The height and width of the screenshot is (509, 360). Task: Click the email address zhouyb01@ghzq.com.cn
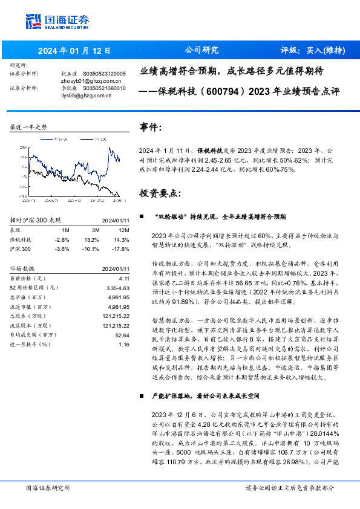pos(83,80)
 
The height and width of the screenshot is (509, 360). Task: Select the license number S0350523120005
pos(104,73)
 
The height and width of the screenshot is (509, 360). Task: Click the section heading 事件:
pos(151,127)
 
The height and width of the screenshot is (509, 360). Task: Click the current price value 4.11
pos(125,277)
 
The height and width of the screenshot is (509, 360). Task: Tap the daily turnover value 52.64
pos(122,334)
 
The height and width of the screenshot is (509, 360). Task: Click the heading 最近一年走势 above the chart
pos(28,128)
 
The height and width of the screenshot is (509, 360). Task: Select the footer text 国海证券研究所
pos(48,487)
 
